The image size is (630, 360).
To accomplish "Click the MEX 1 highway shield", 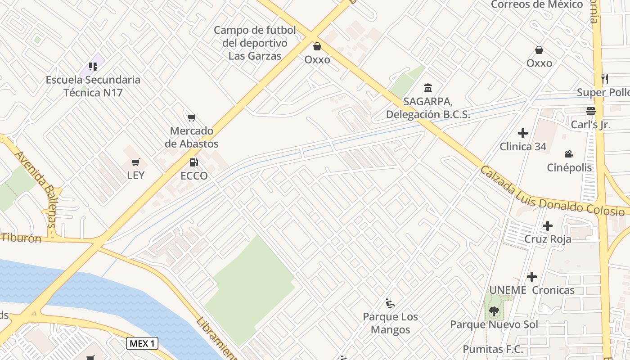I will tap(142, 344).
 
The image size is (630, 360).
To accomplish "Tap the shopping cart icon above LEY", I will tap(135, 162).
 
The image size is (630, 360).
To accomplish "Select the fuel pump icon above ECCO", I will tap(193, 162).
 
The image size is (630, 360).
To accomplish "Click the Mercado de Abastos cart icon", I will tap(192, 118).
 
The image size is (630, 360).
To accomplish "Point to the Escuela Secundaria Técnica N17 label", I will tap(93, 86).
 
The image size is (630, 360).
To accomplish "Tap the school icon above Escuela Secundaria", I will tap(93, 67).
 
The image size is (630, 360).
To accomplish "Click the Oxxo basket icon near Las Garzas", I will tap(317, 46).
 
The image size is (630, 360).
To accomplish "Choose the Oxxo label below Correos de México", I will tap(539, 63).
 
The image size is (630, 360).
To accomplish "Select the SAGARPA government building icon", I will tap(428, 88).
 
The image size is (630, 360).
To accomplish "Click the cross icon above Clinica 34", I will tap(523, 133).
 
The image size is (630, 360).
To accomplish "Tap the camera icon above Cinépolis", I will tap(569, 154).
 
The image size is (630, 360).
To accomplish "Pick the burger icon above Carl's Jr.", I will tap(590, 111).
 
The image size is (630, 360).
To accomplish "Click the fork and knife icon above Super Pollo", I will tap(605, 79).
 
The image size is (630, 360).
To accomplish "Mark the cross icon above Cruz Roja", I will tap(548, 225).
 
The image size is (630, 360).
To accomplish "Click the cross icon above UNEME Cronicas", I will tap(532, 276).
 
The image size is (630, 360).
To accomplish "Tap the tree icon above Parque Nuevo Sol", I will tap(494, 311).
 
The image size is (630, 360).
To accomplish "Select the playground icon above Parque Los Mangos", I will tap(390, 303).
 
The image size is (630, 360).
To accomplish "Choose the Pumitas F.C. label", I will tap(493, 349).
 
